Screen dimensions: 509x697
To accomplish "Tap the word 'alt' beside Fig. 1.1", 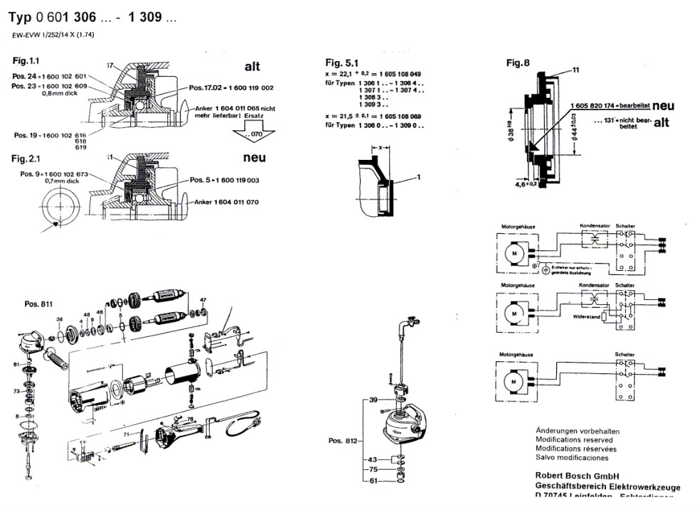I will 252,67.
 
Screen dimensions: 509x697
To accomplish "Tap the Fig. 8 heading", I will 518,63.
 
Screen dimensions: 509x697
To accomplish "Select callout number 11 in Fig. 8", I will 576,69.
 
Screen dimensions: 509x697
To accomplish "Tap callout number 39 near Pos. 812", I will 373,402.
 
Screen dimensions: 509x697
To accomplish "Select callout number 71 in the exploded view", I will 125,433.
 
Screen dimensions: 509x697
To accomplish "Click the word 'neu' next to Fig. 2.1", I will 254,159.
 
